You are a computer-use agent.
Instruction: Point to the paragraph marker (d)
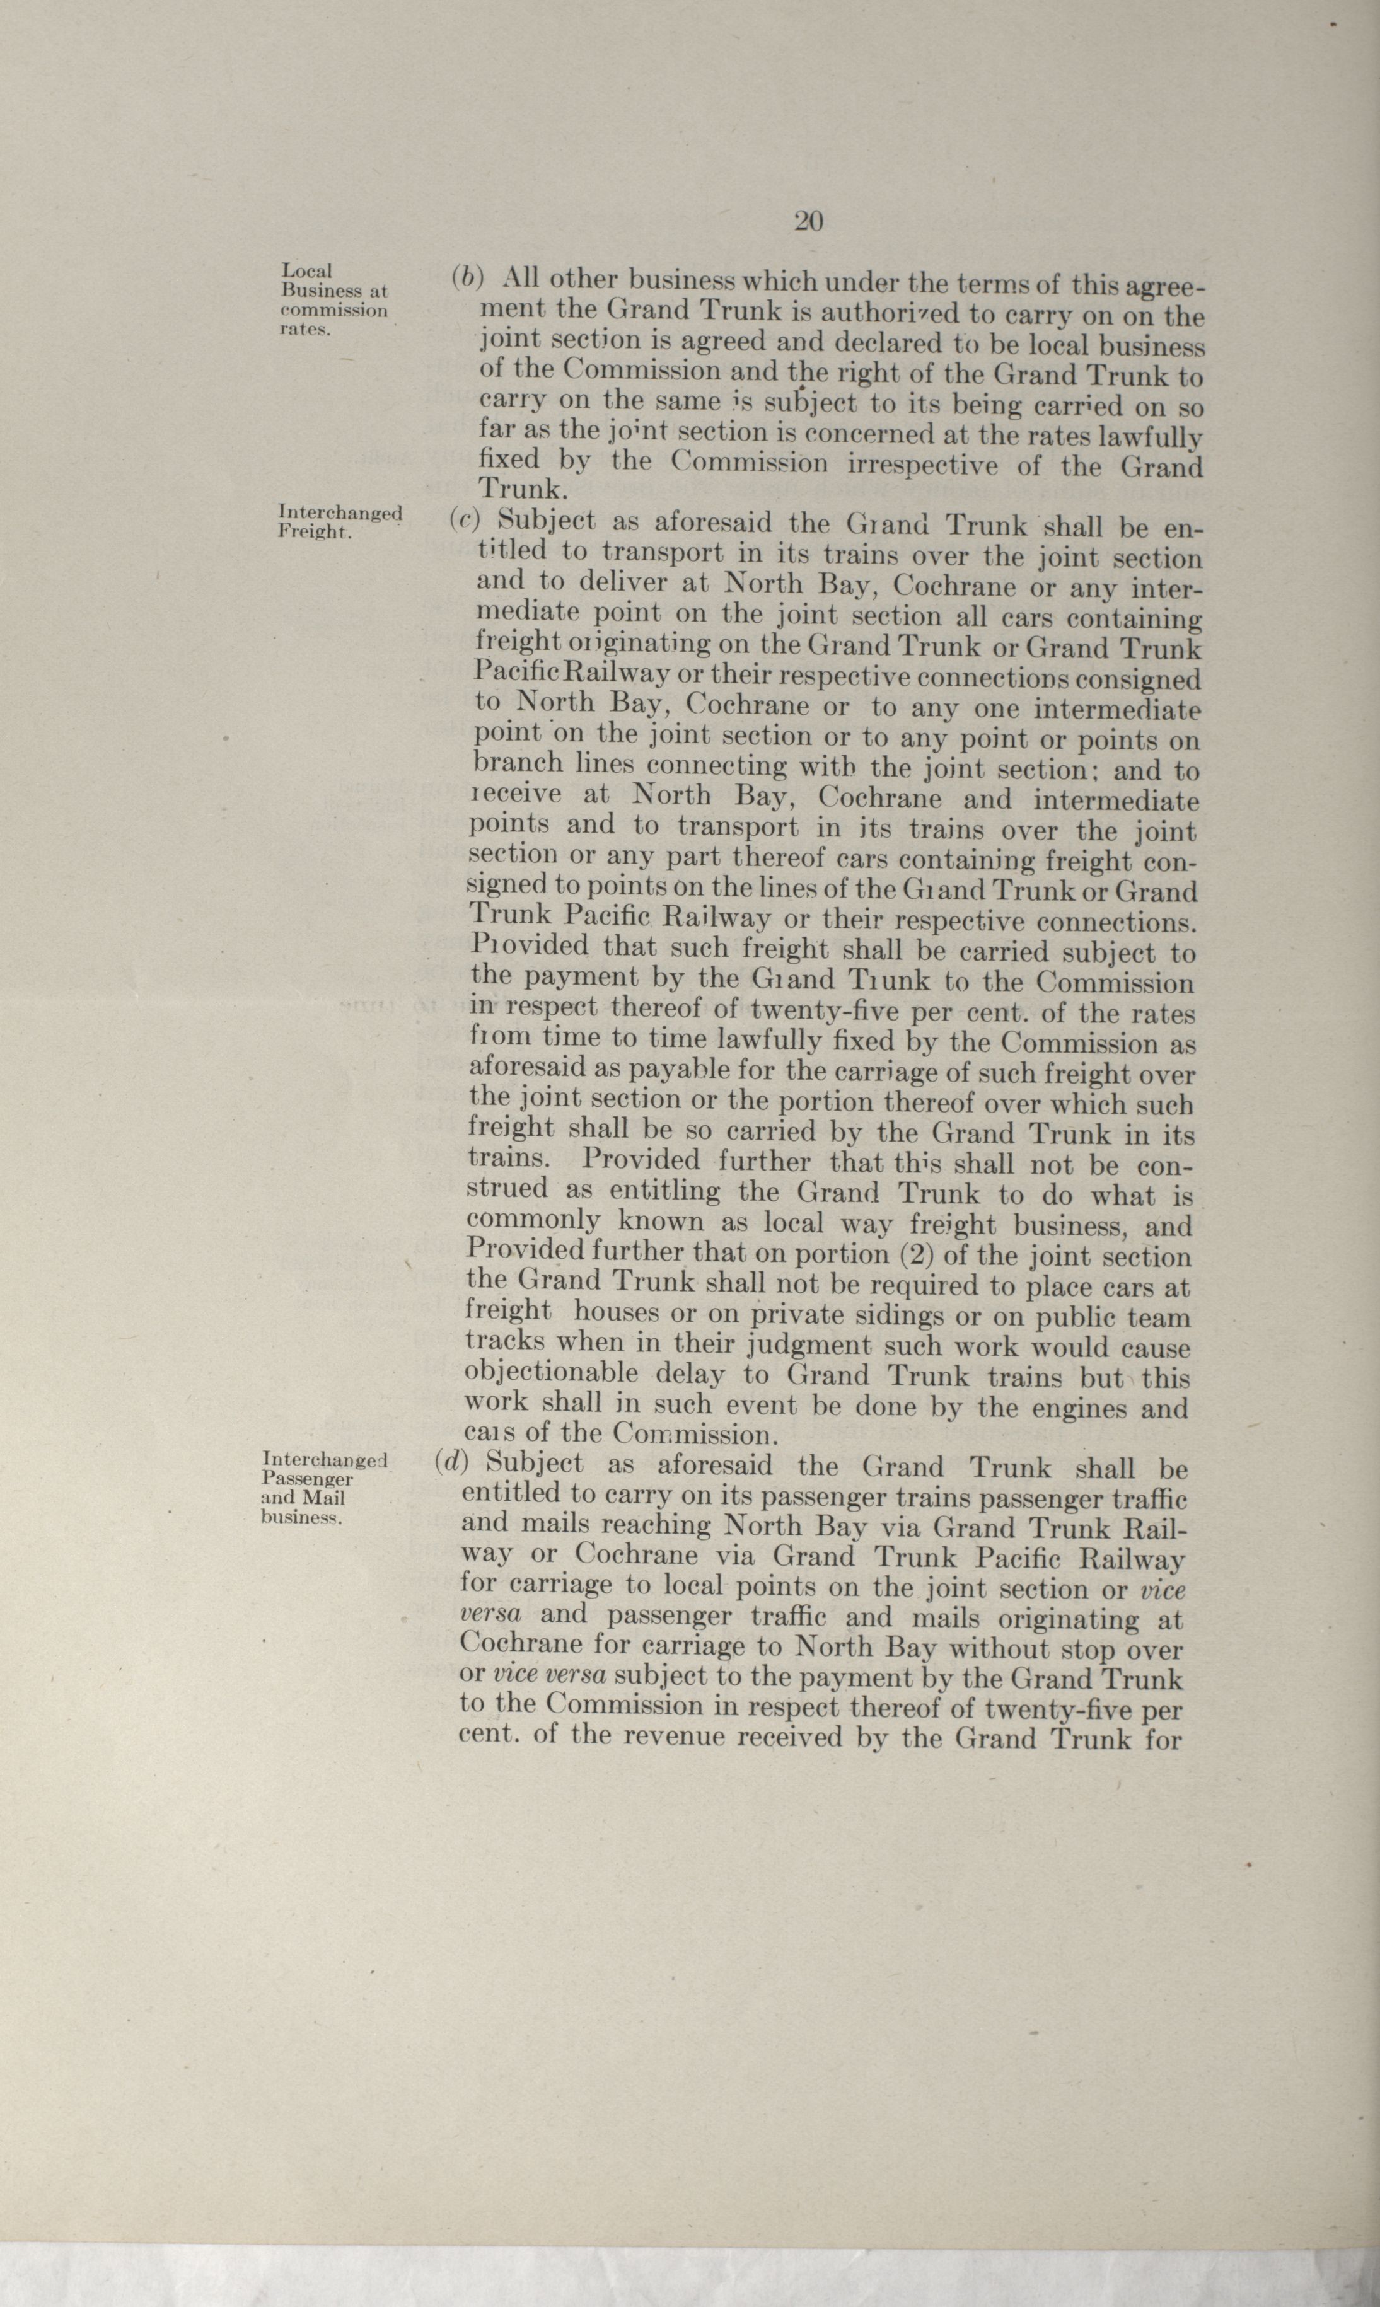(x=451, y=1462)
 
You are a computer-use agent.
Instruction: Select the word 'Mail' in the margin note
(x=323, y=1498)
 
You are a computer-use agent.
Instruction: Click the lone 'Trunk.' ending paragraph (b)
(x=521, y=489)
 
